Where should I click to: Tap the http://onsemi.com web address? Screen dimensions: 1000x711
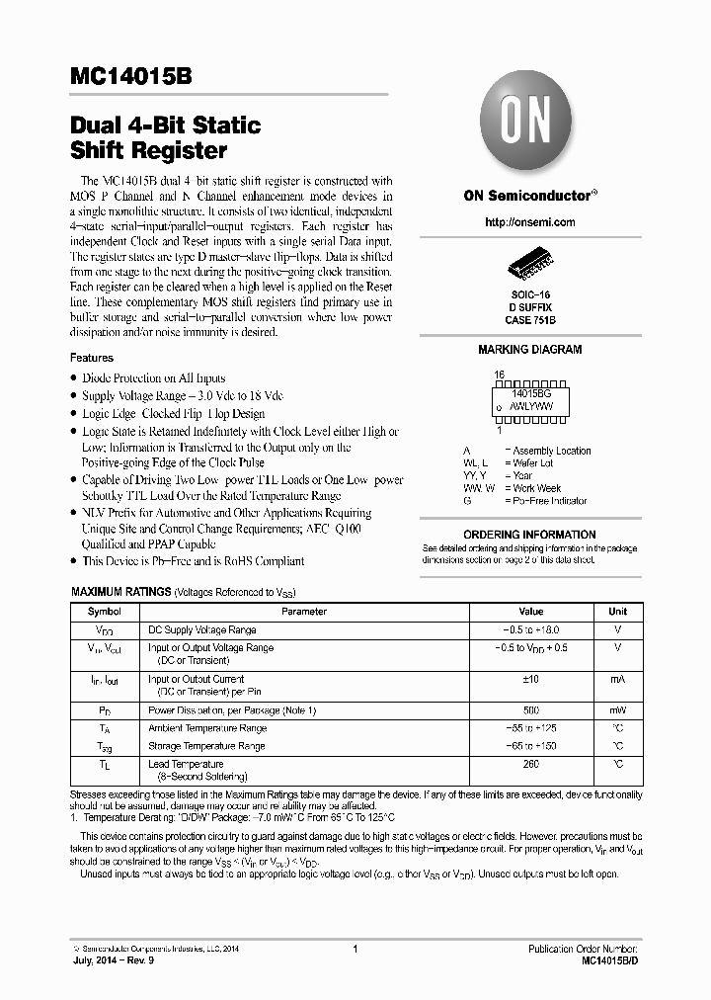pos(530,222)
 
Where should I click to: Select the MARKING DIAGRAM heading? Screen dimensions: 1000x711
pos(530,350)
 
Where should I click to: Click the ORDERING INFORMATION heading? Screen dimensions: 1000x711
pos(529,535)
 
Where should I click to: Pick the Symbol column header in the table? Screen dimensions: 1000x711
pos(105,612)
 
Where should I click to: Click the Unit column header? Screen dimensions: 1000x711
pos(617,612)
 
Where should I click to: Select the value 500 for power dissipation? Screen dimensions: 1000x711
pos(530,710)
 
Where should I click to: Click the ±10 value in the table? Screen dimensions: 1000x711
pos(530,680)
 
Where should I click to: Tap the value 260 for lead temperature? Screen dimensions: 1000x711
pos(530,764)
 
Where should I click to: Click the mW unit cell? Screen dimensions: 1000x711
pos(617,710)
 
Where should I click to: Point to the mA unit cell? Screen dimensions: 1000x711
pos(617,680)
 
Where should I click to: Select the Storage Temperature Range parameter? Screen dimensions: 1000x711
pos(206,746)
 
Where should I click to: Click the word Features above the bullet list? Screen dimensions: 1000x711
pos(92,358)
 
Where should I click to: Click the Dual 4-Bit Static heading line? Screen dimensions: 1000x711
pos(166,125)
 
